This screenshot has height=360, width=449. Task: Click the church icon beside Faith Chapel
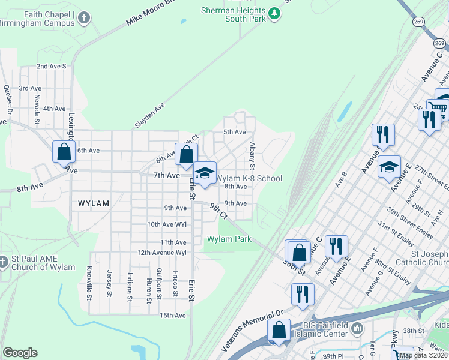[85, 17]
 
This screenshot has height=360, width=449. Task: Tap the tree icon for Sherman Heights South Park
[274, 13]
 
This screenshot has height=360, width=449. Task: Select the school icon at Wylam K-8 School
[205, 173]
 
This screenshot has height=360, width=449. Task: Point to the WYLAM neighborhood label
[94, 203]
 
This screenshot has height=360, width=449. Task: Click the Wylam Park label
[229, 239]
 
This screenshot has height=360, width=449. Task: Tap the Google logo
[20, 353]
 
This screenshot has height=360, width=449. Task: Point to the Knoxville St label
[89, 283]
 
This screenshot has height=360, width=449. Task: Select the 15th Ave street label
[172, 315]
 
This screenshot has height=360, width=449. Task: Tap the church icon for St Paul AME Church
[4, 262]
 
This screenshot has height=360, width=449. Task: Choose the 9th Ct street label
[218, 210]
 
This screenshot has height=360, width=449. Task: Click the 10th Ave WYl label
[167, 224]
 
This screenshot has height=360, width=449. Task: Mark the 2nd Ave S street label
[51, 66]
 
